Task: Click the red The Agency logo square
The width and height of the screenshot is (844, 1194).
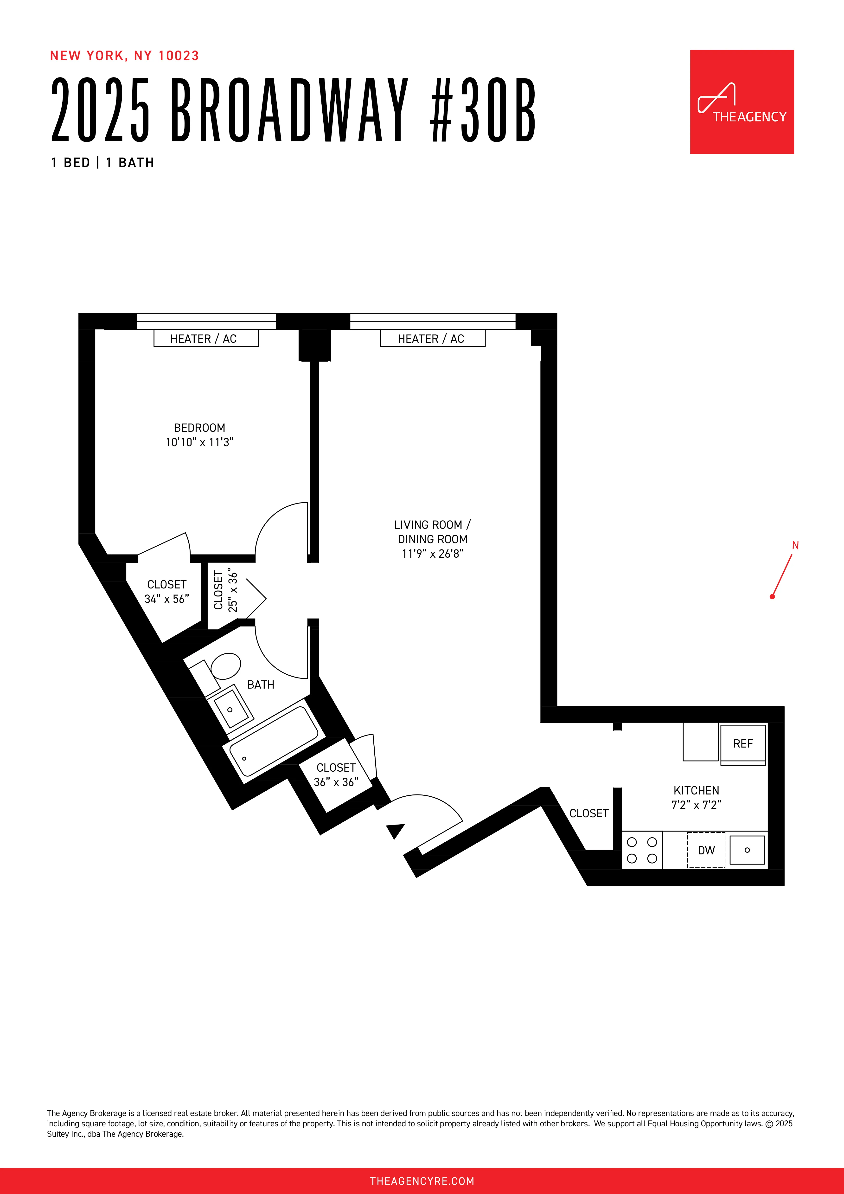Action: click(742, 102)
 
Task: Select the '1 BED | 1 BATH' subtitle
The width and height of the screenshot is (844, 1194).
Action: click(102, 163)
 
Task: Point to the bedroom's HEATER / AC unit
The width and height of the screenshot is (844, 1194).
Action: click(206, 339)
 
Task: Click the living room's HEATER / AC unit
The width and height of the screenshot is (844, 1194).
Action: click(432, 339)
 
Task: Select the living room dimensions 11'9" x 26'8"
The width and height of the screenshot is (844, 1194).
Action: click(432, 554)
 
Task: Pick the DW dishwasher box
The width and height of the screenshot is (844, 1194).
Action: click(706, 850)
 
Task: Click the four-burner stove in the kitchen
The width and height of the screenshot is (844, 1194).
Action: click(642, 850)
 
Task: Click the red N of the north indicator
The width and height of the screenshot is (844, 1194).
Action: click(795, 546)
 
